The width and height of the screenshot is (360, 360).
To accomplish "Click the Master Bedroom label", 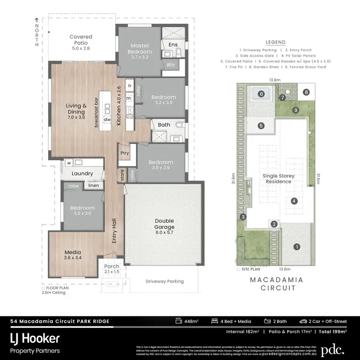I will (140, 48).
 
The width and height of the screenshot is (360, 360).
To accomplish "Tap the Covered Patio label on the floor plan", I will (81, 42).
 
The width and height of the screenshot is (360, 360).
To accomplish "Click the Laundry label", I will (82, 173).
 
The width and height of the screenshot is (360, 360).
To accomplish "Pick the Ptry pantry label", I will (125, 154).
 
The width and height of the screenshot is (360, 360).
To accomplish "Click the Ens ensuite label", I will (173, 45).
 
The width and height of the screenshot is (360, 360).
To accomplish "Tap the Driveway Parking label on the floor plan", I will (165, 281).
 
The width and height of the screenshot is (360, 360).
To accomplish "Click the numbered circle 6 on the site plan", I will (262, 94).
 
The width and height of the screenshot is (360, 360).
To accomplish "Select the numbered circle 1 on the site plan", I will (297, 247).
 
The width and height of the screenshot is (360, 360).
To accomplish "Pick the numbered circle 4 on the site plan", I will (294, 201).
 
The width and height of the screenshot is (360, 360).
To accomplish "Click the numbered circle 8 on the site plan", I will (306, 92).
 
